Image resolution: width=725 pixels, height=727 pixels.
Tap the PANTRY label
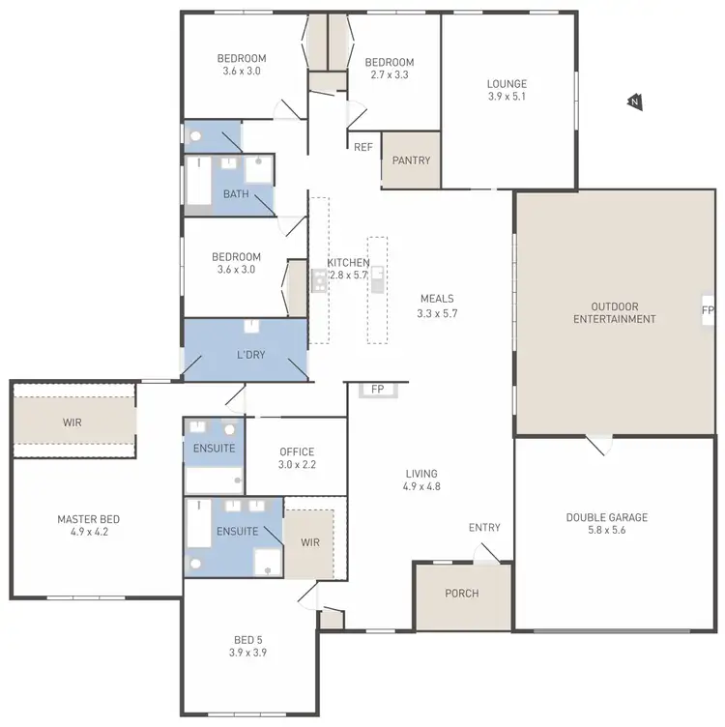411,160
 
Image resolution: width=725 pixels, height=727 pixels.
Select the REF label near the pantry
363,147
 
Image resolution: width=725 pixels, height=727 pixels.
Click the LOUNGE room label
507,84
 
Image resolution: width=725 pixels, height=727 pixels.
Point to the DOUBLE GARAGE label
607,517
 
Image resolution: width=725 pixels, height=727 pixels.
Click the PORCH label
462,594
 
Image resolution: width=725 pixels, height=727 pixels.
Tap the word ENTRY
484,528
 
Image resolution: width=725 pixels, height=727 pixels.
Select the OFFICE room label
297,451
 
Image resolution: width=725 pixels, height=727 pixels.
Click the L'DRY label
250,355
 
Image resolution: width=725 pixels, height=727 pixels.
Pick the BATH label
236,194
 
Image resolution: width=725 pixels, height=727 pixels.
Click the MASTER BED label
88,519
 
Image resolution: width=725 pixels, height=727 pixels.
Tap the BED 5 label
247,640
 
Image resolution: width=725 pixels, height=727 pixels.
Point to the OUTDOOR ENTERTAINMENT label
615,312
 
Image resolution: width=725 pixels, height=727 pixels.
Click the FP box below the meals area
377,390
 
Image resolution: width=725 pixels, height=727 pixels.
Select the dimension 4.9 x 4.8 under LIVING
422,486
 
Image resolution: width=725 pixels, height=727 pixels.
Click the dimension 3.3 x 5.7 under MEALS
437,313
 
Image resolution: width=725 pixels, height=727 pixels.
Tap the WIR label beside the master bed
73,422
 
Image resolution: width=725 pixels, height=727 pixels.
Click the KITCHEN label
348,263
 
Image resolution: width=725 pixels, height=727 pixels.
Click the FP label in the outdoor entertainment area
708,310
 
